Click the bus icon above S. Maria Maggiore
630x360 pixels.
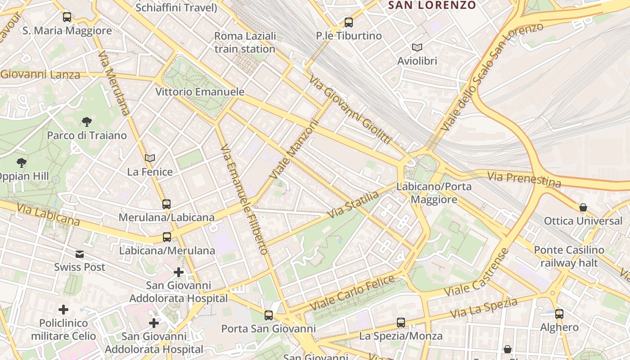click(67, 17)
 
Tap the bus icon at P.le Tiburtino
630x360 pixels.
click(348, 22)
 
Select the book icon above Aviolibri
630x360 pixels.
click(417, 47)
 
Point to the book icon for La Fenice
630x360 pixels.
click(150, 158)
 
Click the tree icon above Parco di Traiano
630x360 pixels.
click(87, 121)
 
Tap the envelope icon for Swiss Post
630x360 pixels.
click(80, 254)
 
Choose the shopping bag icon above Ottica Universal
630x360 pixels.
click(583, 207)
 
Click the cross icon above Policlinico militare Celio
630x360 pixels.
click(63, 310)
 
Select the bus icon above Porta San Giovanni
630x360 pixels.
click(269, 315)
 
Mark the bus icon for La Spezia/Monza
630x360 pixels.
click(400, 322)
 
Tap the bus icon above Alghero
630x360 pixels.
click(559, 314)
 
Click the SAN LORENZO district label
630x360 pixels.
click(432, 5)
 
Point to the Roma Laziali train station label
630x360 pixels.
click(245, 42)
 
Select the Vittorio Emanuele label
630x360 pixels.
click(200, 92)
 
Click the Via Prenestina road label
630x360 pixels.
click(524, 179)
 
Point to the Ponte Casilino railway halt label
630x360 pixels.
click(569, 256)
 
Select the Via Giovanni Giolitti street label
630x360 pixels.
click(350, 109)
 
